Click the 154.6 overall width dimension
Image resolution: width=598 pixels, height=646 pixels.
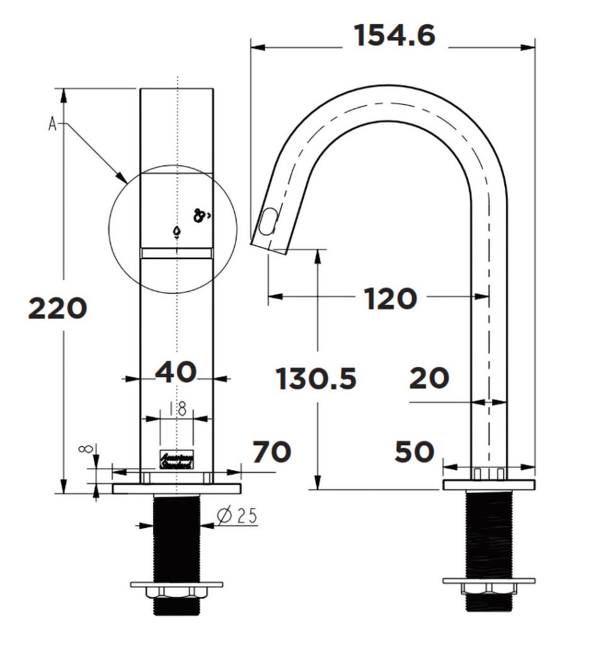[394, 35]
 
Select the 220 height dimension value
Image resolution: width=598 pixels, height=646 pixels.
[57, 308]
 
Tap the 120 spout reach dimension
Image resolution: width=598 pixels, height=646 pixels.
[390, 298]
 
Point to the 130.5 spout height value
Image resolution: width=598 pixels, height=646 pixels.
[316, 379]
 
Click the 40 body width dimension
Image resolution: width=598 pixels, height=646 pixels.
[176, 372]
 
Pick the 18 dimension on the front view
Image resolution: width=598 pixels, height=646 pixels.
[178, 409]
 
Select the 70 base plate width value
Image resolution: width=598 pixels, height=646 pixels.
[272, 452]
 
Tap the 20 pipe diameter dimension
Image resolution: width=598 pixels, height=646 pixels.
[429, 379]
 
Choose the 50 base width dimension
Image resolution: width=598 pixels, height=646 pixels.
[415, 452]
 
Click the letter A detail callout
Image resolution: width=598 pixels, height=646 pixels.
[53, 124]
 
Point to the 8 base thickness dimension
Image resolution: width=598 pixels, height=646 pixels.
[88, 449]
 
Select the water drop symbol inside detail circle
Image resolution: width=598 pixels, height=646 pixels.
[177, 232]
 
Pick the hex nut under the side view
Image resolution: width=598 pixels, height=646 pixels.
[488, 589]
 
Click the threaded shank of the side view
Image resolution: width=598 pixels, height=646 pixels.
[488, 533]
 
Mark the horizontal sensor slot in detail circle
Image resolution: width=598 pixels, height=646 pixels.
[176, 253]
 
